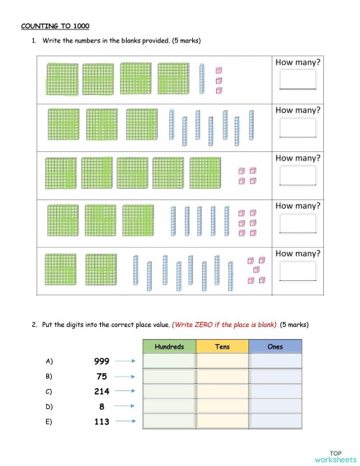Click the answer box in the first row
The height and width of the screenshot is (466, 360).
tap(299, 79)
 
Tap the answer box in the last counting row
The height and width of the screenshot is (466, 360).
tap(299, 270)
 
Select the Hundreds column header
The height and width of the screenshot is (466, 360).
tap(169, 346)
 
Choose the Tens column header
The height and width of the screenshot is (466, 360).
tap(222, 346)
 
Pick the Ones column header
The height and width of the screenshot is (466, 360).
tap(275, 346)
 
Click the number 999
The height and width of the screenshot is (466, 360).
tap(102, 362)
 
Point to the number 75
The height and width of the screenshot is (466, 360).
tap(102, 377)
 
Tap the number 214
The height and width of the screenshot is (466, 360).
tap(102, 392)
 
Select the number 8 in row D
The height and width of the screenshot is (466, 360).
tap(102, 407)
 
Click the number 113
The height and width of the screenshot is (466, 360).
tap(102, 422)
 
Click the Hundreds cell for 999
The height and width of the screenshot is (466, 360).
tap(169, 362)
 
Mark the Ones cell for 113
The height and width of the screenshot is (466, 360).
tap(275, 421)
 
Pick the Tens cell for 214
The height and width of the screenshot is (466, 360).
tap(222, 391)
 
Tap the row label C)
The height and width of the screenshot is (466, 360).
tap(49, 392)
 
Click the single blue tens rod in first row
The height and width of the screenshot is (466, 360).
tap(202, 79)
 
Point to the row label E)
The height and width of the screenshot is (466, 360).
tap(49, 422)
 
